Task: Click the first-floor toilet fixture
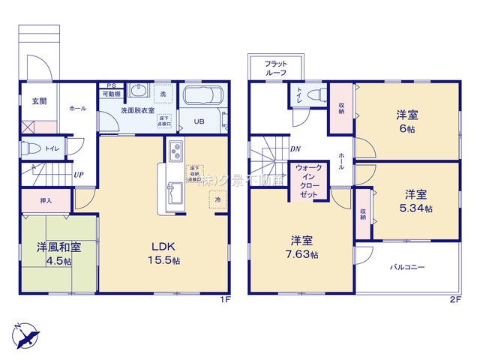pyautogui.click(x=28, y=148)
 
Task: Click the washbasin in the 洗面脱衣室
pyautogui.click(x=140, y=91)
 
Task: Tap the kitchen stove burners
pyautogui.click(x=175, y=150)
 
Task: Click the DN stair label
pyautogui.click(x=295, y=148)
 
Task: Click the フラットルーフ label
pyautogui.click(x=275, y=68)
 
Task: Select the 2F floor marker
pyautogui.click(x=454, y=298)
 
